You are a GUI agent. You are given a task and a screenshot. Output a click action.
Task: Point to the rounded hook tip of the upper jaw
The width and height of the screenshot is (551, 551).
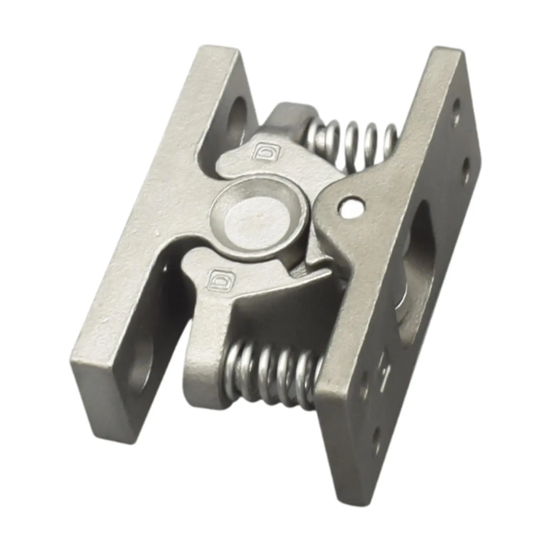click(x=227, y=162)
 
